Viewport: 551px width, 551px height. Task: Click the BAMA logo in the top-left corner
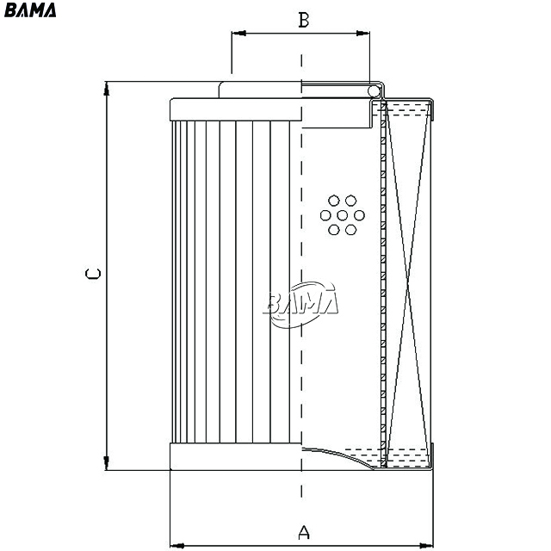tap(30, 9)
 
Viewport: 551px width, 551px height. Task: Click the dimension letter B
tap(304, 20)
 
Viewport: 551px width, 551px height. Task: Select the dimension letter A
tap(304, 532)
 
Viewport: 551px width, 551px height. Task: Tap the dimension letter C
tap(93, 274)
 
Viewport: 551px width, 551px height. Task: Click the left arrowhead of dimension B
tap(238, 34)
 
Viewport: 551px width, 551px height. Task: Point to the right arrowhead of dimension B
tap(362, 34)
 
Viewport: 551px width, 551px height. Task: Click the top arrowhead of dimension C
tap(107, 89)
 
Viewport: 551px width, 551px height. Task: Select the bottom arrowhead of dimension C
tap(107, 463)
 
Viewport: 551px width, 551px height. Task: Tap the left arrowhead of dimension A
tap(177, 546)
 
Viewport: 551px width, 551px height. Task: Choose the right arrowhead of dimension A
tap(426, 546)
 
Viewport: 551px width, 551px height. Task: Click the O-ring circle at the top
tap(374, 92)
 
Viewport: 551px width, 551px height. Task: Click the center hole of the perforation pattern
tap(343, 215)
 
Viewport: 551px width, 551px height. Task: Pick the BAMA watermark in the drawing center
tap(300, 304)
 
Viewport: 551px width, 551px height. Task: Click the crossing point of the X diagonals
tap(407, 285)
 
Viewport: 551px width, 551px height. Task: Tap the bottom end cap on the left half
tap(235, 456)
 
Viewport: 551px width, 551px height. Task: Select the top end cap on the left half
tap(235, 109)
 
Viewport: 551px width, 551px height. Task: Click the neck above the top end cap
tap(260, 90)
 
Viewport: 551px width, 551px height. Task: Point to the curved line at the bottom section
tap(338, 456)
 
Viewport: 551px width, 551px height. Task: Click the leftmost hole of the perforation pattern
tap(325, 215)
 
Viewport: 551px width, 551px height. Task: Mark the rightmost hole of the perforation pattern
tap(359, 215)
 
